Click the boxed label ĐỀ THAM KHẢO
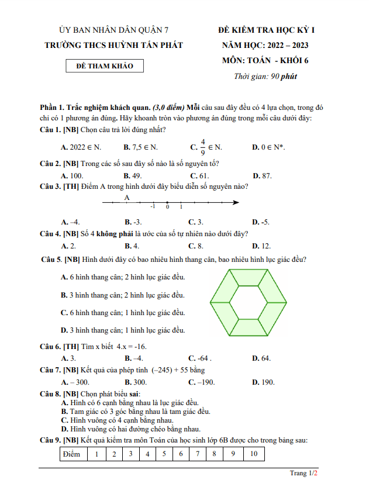click(x=105, y=66)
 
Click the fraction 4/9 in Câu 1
click(x=203, y=146)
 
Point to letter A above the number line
click(x=127, y=197)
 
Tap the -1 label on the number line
click(x=153, y=207)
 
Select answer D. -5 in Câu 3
click(x=260, y=222)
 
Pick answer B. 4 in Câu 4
click(x=132, y=246)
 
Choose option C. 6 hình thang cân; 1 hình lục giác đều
click(x=123, y=313)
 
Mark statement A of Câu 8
click(x=130, y=403)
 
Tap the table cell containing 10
click(x=253, y=454)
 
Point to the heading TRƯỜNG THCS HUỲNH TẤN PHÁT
click(x=114, y=45)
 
